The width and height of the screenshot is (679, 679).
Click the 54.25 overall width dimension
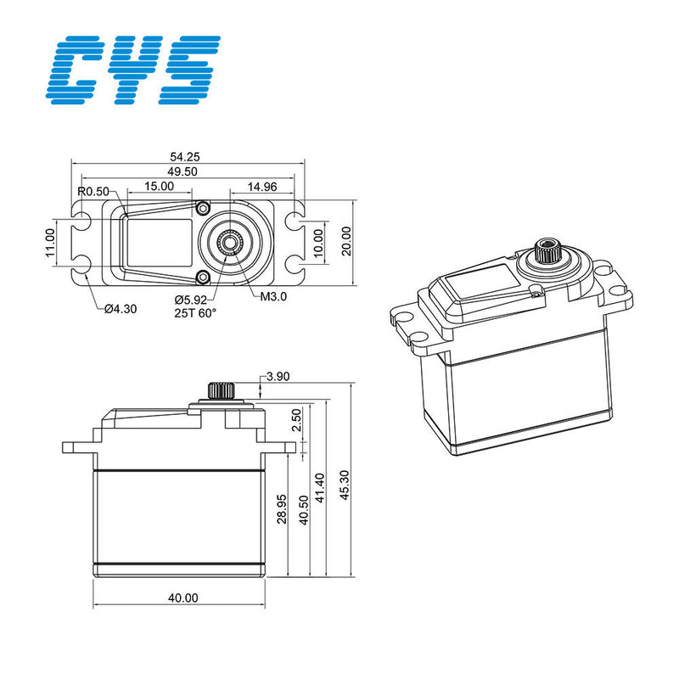[x=184, y=156]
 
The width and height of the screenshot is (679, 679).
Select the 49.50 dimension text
[x=182, y=171]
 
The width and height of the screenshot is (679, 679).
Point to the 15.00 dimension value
[x=159, y=186]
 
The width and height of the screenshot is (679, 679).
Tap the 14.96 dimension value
[x=263, y=186]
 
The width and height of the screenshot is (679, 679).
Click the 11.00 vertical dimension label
[x=50, y=242]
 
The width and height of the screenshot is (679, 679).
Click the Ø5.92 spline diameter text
[x=192, y=300]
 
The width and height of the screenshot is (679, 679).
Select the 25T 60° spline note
[x=196, y=313]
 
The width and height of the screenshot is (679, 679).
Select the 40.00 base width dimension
[x=182, y=598]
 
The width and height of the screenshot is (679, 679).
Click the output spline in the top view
[x=230, y=243]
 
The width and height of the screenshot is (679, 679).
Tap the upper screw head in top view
[x=202, y=208]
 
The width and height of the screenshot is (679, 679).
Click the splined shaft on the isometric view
[x=545, y=251]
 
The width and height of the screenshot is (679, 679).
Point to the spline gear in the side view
[x=222, y=391]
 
